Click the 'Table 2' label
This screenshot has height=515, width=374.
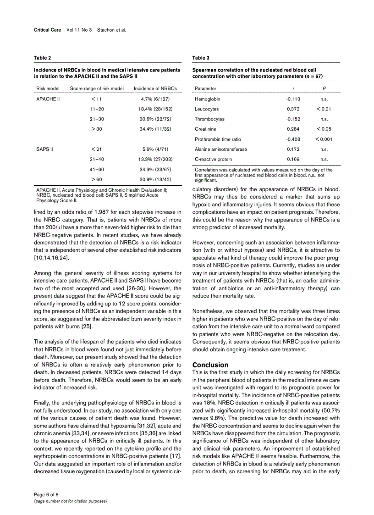[42, 58]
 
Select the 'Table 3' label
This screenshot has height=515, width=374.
[201, 58]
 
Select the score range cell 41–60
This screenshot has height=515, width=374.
[97, 169]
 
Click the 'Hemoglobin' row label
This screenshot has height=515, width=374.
[207, 99]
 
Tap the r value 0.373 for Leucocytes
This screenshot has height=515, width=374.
[293, 109]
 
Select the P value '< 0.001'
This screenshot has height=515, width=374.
[324, 139]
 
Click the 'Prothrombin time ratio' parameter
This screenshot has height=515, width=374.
[218, 139]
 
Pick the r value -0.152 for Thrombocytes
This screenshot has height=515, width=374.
[293, 119]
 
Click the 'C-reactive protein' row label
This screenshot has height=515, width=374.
[213, 159]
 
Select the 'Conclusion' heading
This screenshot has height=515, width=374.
[210, 365]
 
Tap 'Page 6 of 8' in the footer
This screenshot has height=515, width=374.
[46, 494]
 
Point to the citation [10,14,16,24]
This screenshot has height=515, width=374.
[51, 258]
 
